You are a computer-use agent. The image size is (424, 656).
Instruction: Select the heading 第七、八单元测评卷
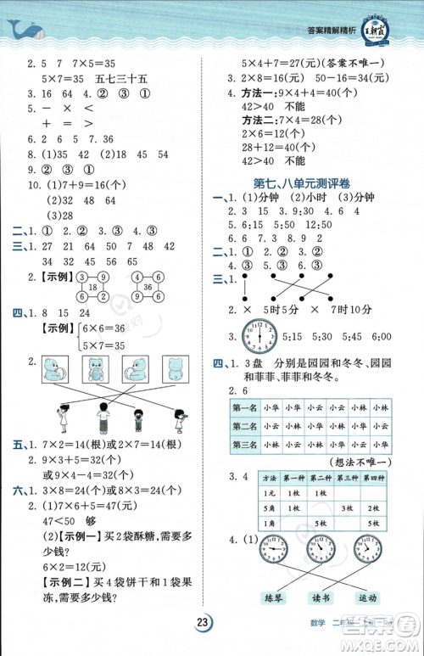tap(304, 183)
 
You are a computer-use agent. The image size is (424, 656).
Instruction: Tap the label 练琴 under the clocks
tap(275, 597)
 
